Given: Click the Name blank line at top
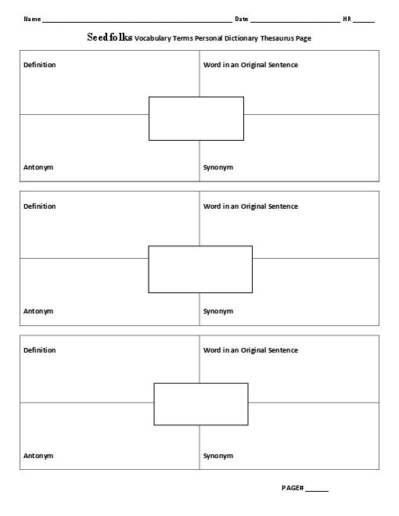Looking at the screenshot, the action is coord(137,22).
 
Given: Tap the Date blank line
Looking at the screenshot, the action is coord(295,22).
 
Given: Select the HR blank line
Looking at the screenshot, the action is coord(364,22).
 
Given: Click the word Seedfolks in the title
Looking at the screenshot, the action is coord(110,38).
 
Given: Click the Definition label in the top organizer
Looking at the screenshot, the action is coord(39,65).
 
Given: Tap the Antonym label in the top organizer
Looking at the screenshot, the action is coord(38,167).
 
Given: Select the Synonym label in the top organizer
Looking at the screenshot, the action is coord(218,167).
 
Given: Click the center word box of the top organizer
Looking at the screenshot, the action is coord(196,97).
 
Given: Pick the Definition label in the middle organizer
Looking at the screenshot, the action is coord(39,206).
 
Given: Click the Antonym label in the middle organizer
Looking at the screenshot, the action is coord(38,311).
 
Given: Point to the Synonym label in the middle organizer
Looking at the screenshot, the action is coord(218,311).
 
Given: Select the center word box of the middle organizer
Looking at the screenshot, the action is coord(200,246).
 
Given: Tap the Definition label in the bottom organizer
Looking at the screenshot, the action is coord(39,350).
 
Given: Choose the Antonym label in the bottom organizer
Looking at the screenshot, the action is coord(38,456).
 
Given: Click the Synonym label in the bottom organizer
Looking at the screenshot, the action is coord(218,456).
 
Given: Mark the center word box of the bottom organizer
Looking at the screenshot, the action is coord(201,383).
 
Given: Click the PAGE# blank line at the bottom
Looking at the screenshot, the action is coord(317,491).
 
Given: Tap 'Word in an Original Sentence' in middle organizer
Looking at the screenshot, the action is coord(250,206).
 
